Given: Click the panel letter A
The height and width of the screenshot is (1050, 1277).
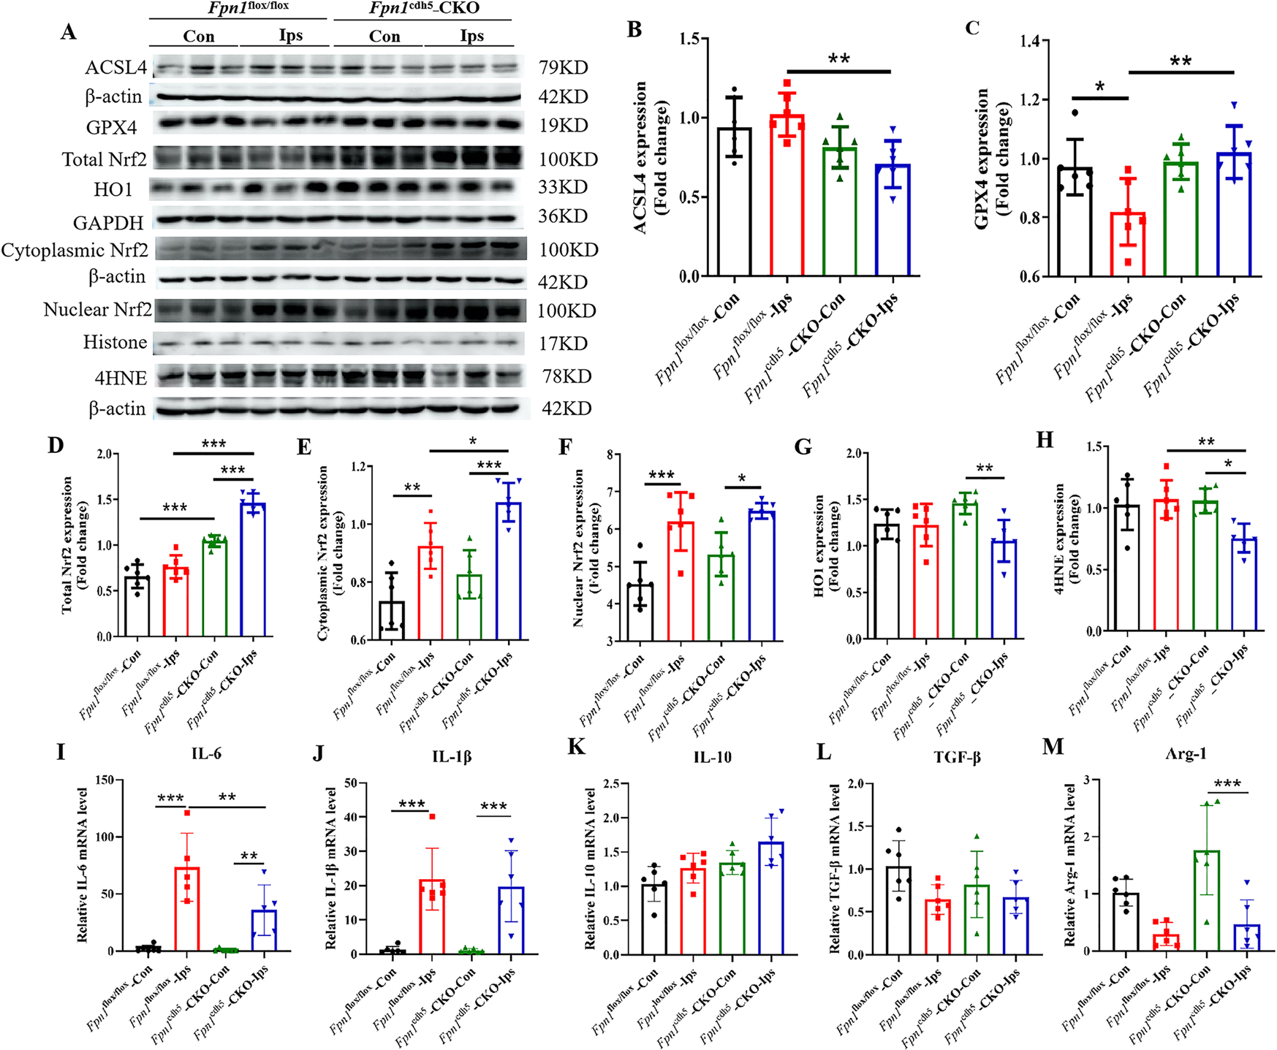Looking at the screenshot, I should pyautogui.click(x=68, y=32).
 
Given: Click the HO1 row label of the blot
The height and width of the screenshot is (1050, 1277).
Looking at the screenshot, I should pyautogui.click(x=113, y=190).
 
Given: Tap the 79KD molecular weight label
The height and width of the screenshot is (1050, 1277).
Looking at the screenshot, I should pyautogui.click(x=563, y=68).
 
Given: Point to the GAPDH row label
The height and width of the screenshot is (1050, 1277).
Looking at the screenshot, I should pyautogui.click(x=108, y=222).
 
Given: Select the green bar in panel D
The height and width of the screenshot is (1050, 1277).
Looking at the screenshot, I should pyautogui.click(x=215, y=588).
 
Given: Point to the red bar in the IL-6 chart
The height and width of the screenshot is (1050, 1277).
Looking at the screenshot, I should pyautogui.click(x=187, y=909).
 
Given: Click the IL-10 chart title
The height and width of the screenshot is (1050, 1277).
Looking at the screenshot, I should pyautogui.click(x=712, y=757).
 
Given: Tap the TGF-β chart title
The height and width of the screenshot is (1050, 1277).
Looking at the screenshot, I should pyautogui.click(x=957, y=757).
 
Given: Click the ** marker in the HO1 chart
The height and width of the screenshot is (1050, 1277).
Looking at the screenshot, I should pyautogui.click(x=984, y=468).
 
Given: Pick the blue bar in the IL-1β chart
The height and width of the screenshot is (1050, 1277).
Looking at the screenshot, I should pyautogui.click(x=511, y=921).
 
